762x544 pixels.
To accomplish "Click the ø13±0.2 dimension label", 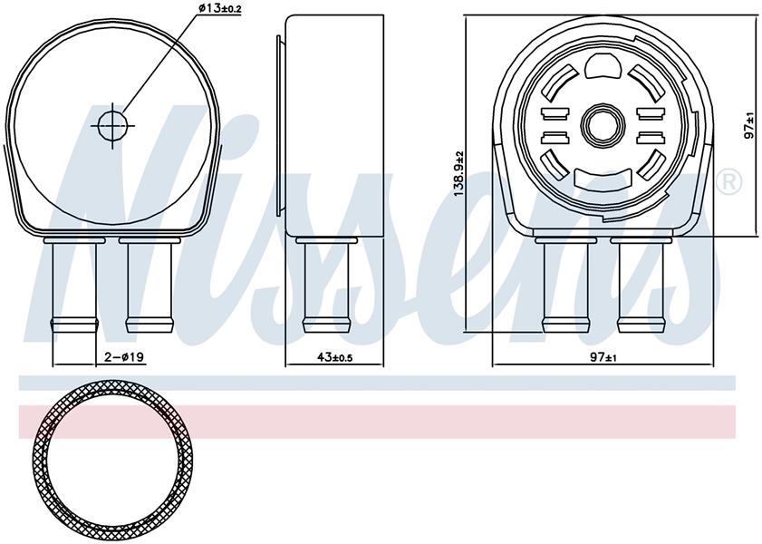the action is pyautogui.click(x=220, y=8).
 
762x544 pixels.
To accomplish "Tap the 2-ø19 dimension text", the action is pyautogui.click(x=124, y=357).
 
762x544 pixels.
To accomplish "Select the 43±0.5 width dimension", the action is pyautogui.click(x=334, y=358).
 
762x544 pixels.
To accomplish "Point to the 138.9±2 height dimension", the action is pyautogui.click(x=458, y=173).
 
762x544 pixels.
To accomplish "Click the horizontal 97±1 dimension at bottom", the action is pyautogui.click(x=603, y=358).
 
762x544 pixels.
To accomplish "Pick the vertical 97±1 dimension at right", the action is pyautogui.click(x=749, y=126).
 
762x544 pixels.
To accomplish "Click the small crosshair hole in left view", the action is pyautogui.click(x=112, y=125).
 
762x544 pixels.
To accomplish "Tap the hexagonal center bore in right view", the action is pyautogui.click(x=603, y=124).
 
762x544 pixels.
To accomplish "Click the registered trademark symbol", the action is pyautogui.click(x=729, y=182).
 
